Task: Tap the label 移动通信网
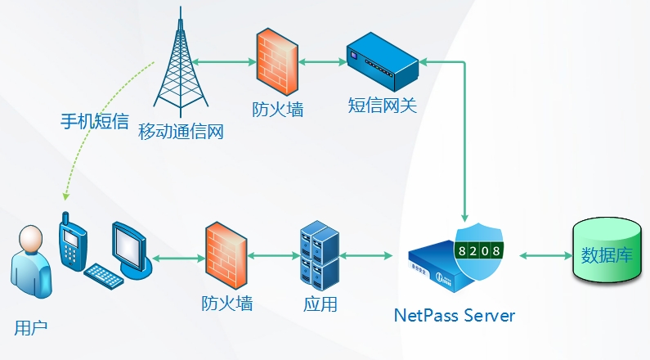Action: click(181, 131)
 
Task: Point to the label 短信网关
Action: click(383, 106)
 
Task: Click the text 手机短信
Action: click(95, 122)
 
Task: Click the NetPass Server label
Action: click(455, 315)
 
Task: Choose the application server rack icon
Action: click(320, 253)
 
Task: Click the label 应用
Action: click(320, 304)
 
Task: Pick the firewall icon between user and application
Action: click(226, 254)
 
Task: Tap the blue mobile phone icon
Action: click(71, 241)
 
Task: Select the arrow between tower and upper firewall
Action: click(222, 61)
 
